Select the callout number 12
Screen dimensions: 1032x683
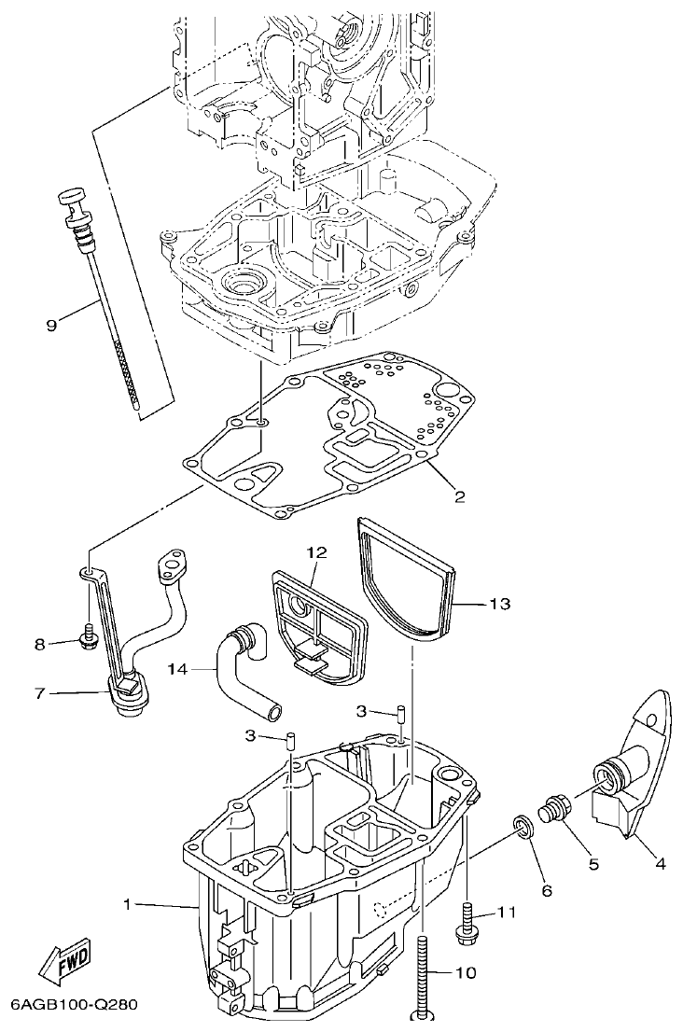pos(316,552)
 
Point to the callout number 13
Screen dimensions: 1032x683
pos(499,604)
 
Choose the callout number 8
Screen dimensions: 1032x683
pos(40,643)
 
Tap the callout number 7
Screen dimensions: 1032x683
pos(40,692)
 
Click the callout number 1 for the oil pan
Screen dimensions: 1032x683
pos(129,903)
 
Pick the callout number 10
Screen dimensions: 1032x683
pos(465,972)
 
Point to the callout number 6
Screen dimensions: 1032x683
pos(547,890)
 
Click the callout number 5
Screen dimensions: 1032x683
pos(593,864)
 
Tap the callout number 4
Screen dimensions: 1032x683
pos(660,864)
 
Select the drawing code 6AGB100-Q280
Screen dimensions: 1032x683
pos(75,1005)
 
